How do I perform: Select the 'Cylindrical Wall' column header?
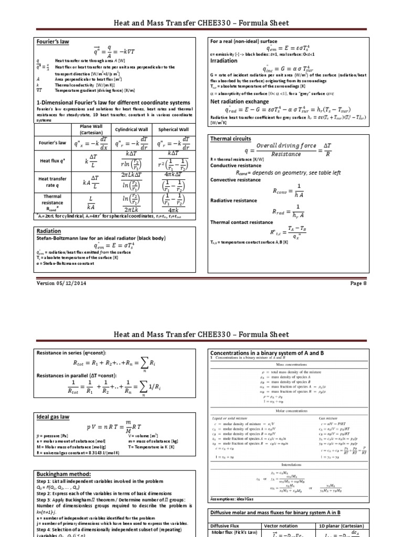131,129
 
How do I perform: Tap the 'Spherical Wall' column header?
173,129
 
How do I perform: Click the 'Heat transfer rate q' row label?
52,181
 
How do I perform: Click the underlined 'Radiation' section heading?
48,230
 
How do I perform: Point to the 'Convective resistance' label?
235,180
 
